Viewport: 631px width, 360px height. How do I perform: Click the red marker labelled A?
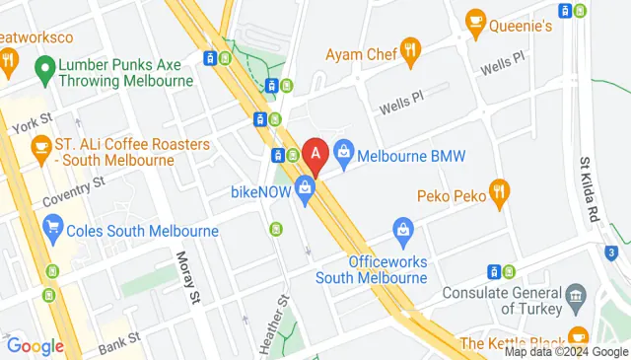pyautogui.click(x=315, y=154)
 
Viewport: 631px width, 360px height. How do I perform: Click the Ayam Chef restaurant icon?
pyautogui.click(x=411, y=47)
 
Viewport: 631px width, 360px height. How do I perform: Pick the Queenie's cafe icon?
pyautogui.click(x=475, y=20)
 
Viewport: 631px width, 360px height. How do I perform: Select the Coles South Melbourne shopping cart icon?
pyautogui.click(x=54, y=231)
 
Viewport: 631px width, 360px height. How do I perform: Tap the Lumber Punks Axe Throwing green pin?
pyautogui.click(x=43, y=69)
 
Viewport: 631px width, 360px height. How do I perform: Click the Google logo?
pyautogui.click(x=35, y=346)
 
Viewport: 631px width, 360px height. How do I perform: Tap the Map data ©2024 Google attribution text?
pyautogui.click(x=566, y=352)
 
